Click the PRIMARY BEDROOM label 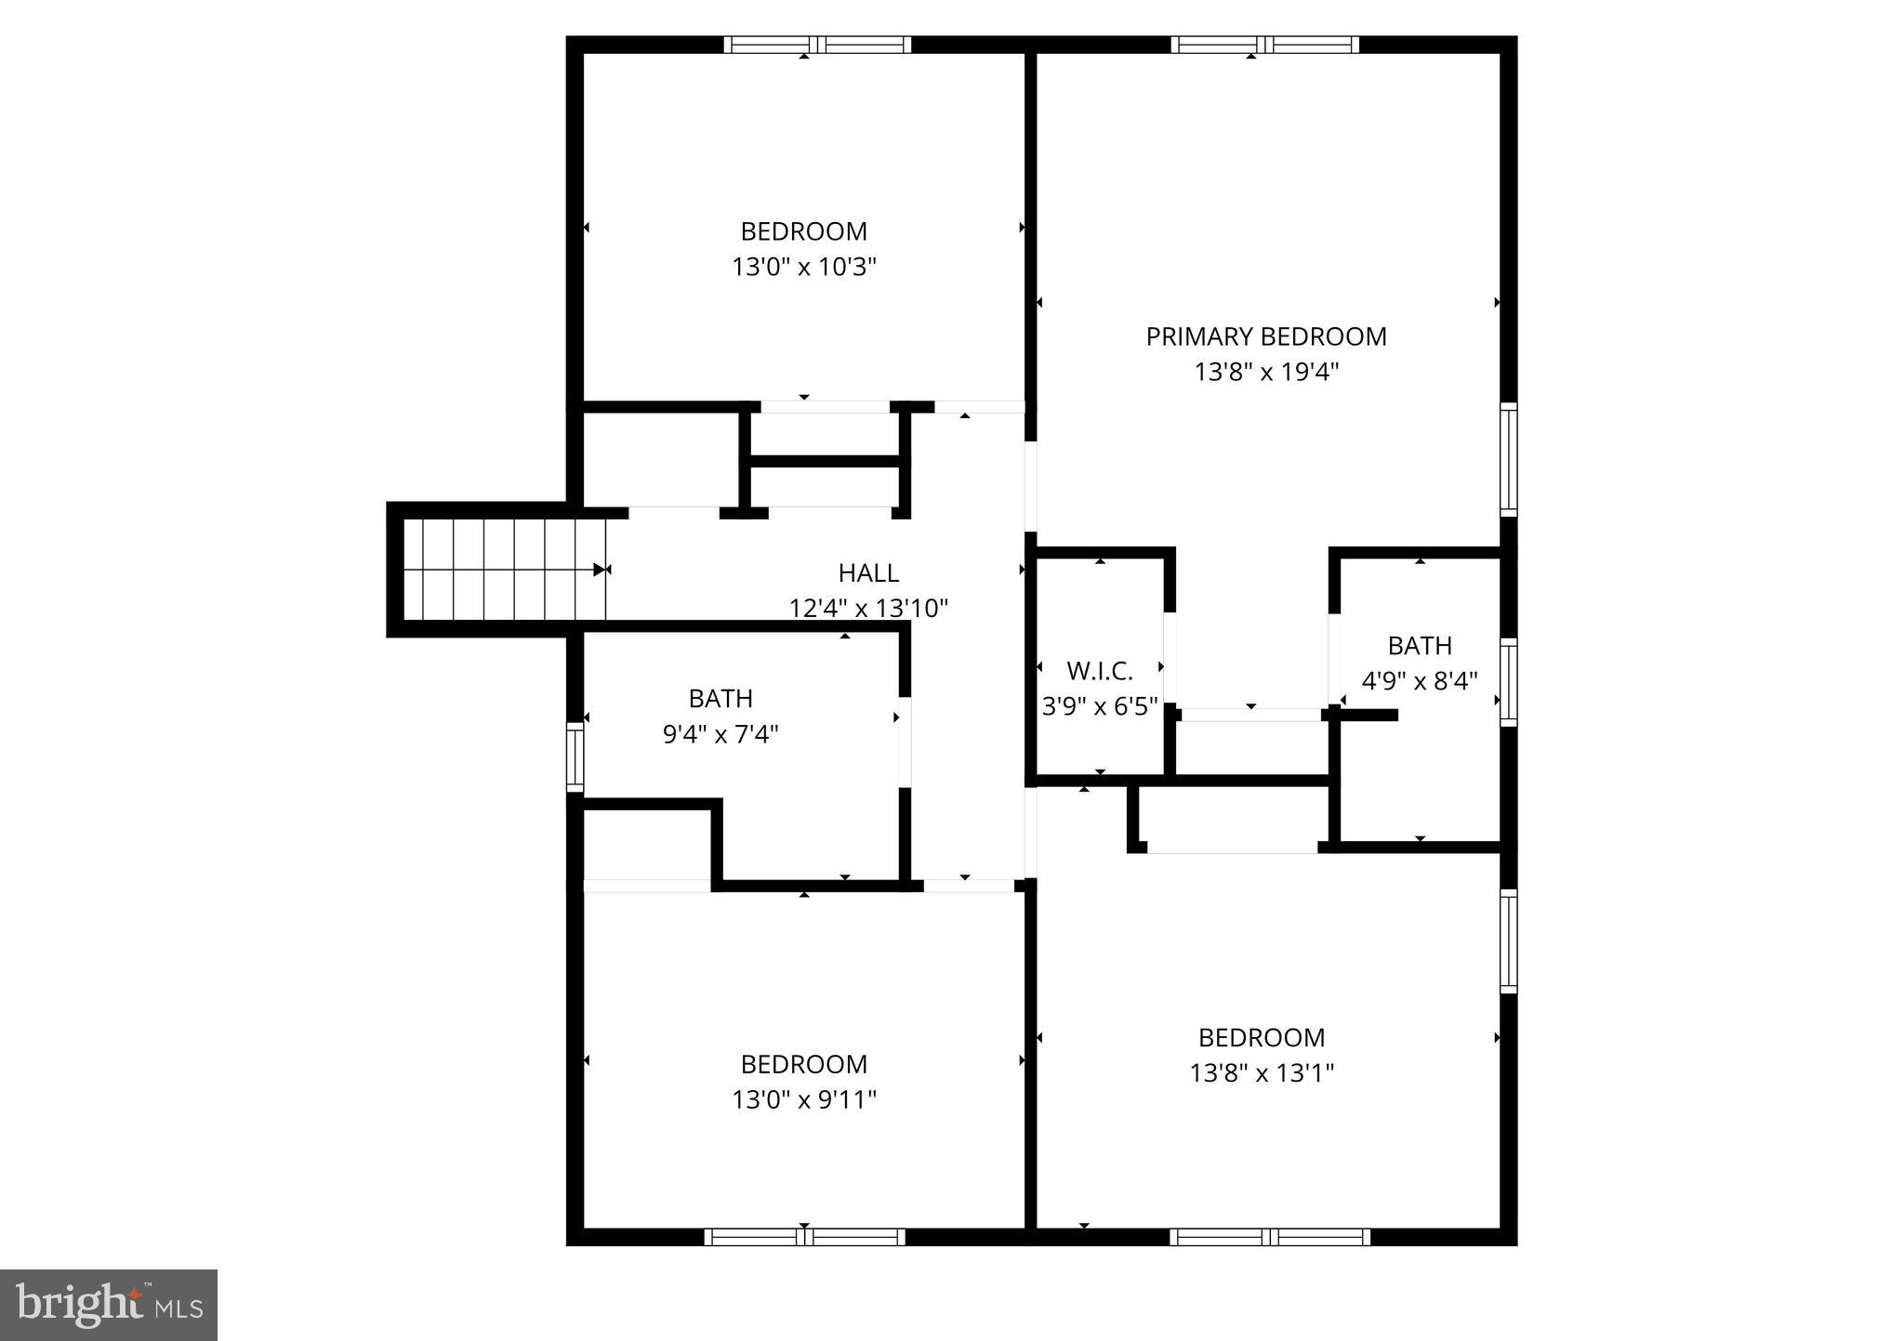pos(1265,336)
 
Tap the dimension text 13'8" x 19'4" pos(1265,373)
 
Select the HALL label pos(868,572)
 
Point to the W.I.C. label pos(1099,671)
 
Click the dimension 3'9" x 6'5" pos(1099,707)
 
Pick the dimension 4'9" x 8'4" pos(1419,682)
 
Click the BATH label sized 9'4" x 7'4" pos(721,699)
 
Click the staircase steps pos(502,569)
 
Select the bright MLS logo pos(109,1305)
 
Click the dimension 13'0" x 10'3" pos(804,268)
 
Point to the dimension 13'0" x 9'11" pos(804,1100)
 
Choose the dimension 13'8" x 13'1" pos(1262,1073)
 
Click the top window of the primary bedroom pos(1264,45)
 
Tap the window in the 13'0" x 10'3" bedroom pos(817,45)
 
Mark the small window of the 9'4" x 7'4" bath pos(575,756)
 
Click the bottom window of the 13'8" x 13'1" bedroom pos(1269,1237)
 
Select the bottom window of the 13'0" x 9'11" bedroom pos(804,1237)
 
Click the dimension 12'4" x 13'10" pos(868,609)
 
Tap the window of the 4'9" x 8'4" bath pos(1509,682)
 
